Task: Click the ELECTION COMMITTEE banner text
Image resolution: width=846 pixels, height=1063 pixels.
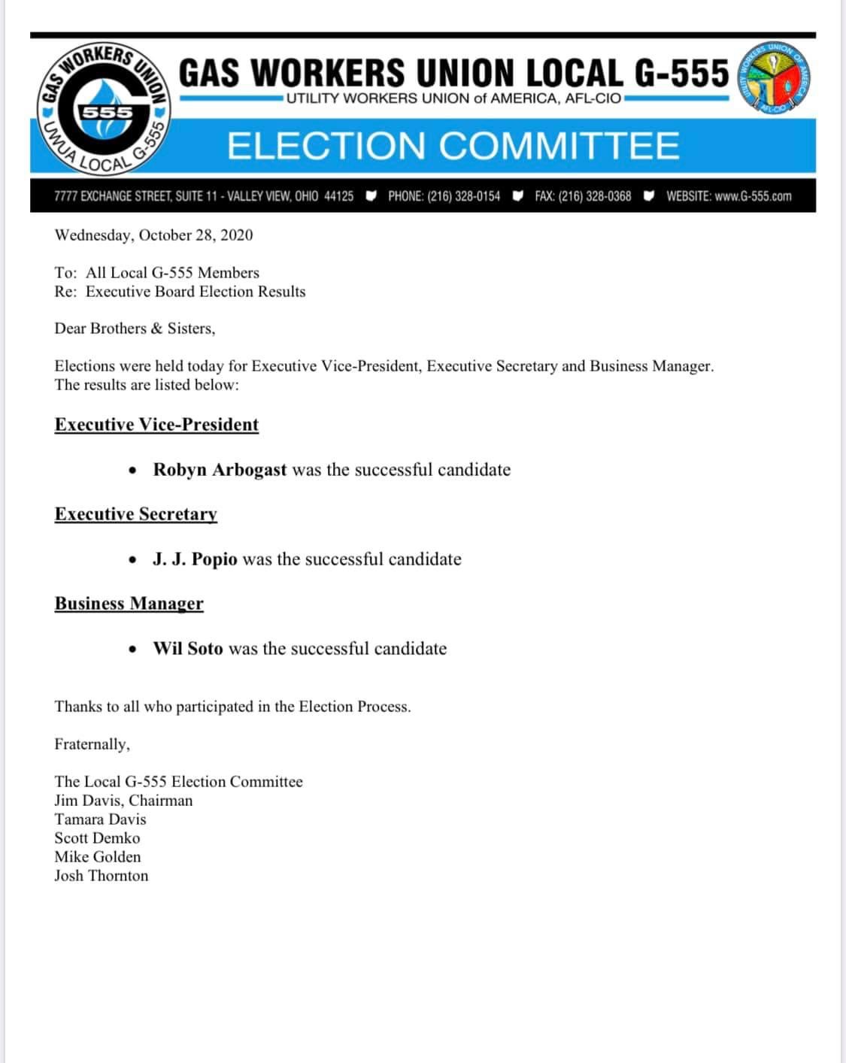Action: point(453,146)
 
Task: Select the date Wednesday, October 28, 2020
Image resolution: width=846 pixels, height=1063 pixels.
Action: point(153,235)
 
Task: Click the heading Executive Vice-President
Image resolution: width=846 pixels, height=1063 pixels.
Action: point(156,425)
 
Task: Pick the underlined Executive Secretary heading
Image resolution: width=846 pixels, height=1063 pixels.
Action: point(136,514)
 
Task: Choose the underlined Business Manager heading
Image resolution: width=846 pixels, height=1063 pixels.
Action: point(129,604)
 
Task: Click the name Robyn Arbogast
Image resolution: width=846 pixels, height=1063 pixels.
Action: point(220,470)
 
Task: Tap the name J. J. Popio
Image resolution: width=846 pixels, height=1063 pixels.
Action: point(195,559)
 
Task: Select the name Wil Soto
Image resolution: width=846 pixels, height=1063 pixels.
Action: point(188,649)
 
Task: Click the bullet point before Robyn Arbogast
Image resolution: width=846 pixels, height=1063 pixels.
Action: point(133,471)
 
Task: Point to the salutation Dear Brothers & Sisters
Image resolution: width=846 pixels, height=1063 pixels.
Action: point(135,329)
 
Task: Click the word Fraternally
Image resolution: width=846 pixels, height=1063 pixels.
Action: point(92,744)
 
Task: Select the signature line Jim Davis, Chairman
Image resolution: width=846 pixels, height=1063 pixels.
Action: point(123,801)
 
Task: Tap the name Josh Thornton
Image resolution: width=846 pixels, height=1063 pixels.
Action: point(102,876)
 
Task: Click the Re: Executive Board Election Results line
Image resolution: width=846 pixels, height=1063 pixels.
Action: point(180,292)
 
